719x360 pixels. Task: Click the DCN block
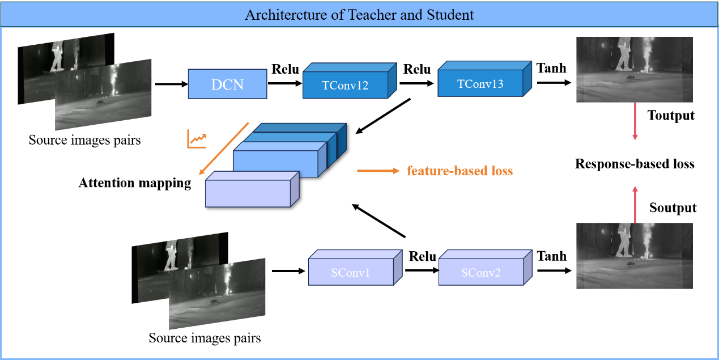[x=227, y=84]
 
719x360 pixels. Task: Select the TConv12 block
[x=350, y=81]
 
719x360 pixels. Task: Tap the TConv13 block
[x=484, y=79]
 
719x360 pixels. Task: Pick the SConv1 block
[x=355, y=268]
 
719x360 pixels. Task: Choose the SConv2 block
[x=486, y=268]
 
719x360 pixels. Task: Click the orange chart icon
[x=197, y=139]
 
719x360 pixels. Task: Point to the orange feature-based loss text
[x=460, y=171]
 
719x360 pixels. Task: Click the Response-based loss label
[x=635, y=164]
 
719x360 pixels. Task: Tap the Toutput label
[x=671, y=115]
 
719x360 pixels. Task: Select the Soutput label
[x=673, y=207]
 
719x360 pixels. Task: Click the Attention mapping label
[x=135, y=183]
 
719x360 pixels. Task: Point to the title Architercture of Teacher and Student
[x=359, y=15]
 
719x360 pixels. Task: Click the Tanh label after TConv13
[x=551, y=68]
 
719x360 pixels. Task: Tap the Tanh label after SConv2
[x=552, y=256]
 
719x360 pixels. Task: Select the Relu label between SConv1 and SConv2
[x=422, y=256]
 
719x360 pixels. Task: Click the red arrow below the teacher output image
[x=635, y=121]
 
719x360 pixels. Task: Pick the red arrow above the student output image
[x=635, y=205]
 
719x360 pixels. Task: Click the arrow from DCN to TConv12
[x=285, y=83]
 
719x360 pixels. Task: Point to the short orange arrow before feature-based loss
[x=378, y=171]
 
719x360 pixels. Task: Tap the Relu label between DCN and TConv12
[x=285, y=69]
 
